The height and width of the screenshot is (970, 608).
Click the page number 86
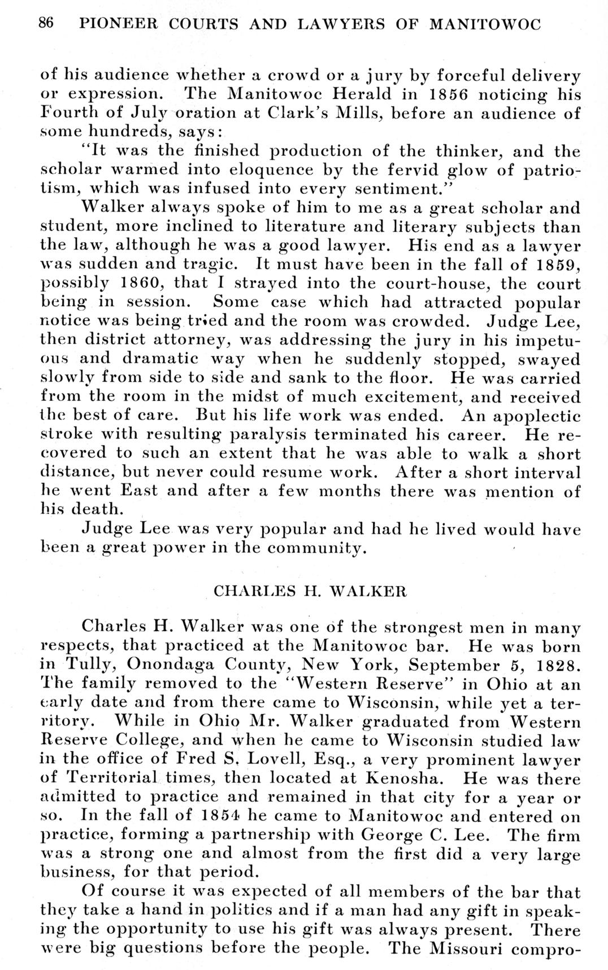tap(46, 24)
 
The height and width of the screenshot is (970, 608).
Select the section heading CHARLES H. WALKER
tap(310, 591)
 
